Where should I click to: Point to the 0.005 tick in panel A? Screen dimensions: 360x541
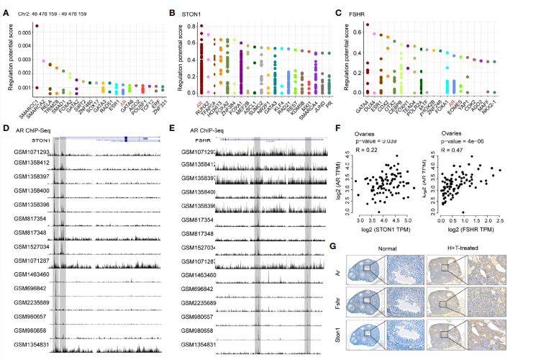click(x=24, y=32)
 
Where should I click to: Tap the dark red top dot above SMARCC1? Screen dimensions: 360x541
click(x=37, y=26)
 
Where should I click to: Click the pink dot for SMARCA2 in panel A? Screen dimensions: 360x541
click(x=44, y=61)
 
